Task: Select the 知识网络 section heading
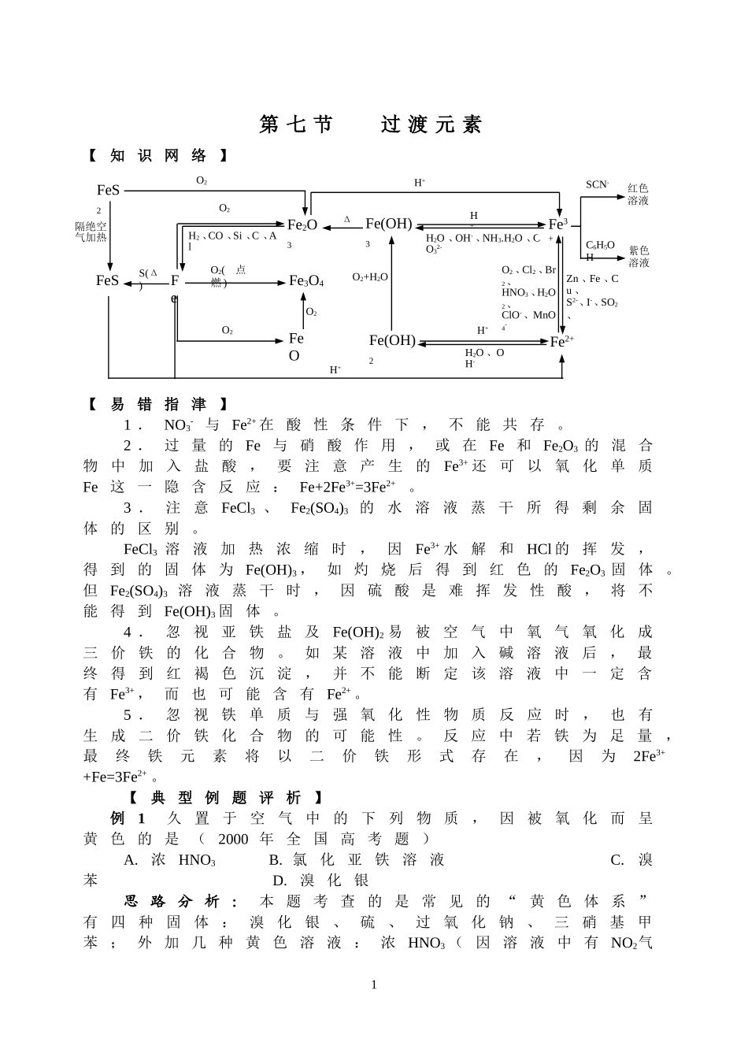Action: (157, 156)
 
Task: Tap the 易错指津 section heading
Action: (157, 405)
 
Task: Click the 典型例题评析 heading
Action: (225, 797)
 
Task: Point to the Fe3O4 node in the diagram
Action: (306, 281)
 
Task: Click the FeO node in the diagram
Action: (295, 347)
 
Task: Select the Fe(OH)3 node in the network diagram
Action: (388, 224)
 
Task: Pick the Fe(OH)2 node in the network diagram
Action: (391, 342)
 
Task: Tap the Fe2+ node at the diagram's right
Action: (561, 342)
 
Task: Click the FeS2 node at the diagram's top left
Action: (108, 191)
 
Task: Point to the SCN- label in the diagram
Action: (597, 184)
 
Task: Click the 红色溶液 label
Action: (638, 195)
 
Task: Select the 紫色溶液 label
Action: (639, 257)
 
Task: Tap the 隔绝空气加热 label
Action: (91, 232)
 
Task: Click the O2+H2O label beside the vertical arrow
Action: (370, 277)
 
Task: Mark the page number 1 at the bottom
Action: (374, 985)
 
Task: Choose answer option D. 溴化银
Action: (320, 881)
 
